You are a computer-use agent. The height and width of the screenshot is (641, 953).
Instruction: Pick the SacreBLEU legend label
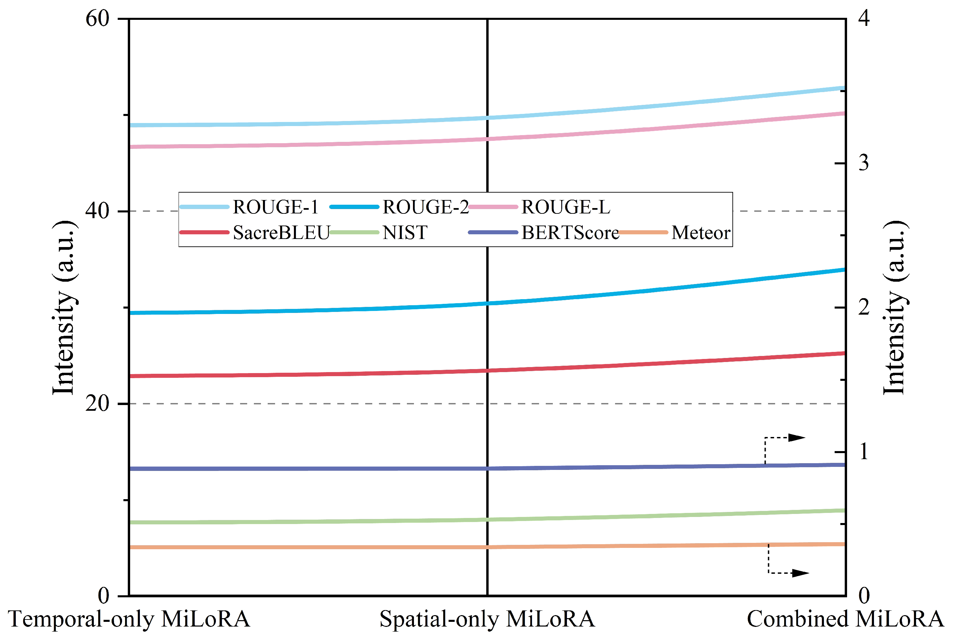pos(281,233)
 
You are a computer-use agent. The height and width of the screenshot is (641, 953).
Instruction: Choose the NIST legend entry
pos(405,233)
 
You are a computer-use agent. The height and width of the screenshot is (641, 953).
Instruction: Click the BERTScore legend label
pos(570,233)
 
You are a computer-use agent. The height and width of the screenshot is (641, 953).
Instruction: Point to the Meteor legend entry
pos(700,233)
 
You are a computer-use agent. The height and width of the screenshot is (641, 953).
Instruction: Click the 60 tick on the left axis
pos(97,19)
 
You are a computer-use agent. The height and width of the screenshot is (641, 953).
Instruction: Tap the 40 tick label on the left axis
pos(97,211)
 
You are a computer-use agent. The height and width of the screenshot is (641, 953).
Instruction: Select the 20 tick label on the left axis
pos(97,403)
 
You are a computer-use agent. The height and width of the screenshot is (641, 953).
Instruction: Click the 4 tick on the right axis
pos(864,19)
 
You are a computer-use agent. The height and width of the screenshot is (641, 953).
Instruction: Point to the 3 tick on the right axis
pos(864,163)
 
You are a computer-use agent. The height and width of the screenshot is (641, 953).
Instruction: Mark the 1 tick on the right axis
pos(864,452)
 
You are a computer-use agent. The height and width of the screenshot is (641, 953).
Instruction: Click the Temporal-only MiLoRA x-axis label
pos(129,619)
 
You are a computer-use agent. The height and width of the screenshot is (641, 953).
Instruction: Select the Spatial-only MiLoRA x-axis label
pos(487,619)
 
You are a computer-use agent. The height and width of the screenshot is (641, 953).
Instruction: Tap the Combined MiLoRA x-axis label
pos(845,619)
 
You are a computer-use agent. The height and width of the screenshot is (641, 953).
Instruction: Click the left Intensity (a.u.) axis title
pos(64,308)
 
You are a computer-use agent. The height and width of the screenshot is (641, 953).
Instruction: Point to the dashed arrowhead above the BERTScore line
pos(796,438)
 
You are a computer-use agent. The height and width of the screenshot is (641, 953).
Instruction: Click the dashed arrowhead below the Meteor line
pos(800,573)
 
